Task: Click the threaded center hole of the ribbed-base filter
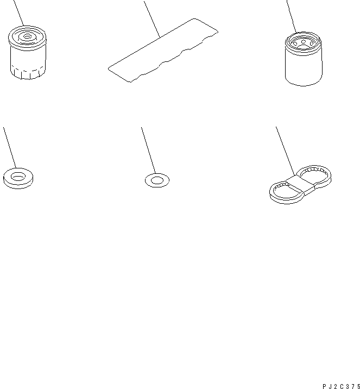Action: (27, 36)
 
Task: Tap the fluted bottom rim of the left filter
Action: (28, 73)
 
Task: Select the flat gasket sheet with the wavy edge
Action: (163, 50)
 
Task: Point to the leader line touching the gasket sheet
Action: (152, 20)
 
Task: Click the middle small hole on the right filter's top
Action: (303, 42)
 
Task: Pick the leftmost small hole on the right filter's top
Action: (295, 44)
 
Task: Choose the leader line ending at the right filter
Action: (292, 17)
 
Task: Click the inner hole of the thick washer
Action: (18, 177)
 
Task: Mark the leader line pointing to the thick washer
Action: (10, 148)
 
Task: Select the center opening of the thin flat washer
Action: (157, 180)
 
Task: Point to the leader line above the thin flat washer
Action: (149, 150)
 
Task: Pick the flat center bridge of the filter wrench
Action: (300, 184)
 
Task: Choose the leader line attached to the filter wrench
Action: (285, 152)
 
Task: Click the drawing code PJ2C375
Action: (341, 386)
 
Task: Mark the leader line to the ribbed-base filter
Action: (19, 13)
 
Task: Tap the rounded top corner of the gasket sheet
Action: (194, 19)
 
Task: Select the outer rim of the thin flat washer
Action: (146, 180)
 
